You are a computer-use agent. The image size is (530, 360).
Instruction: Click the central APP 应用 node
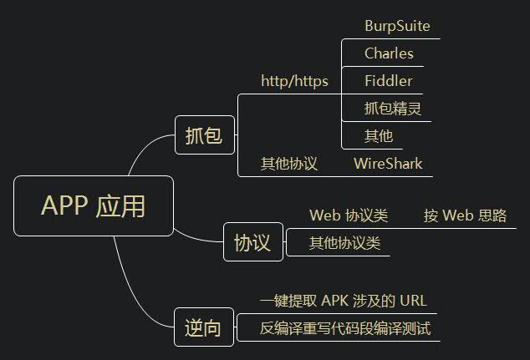tap(93, 205)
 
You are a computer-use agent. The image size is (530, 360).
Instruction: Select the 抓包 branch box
tap(204, 135)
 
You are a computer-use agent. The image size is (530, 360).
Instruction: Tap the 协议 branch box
tap(252, 243)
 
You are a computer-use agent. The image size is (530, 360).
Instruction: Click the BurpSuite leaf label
tap(397, 26)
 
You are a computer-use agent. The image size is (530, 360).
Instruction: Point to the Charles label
tap(389, 53)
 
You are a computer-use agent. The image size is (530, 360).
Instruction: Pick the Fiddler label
tap(388, 81)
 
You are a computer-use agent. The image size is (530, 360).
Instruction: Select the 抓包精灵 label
tap(392, 108)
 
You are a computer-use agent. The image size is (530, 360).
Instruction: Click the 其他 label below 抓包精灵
tap(378, 135)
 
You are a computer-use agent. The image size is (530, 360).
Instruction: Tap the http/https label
tap(294, 81)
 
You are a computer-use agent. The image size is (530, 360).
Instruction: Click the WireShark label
tap(388, 163)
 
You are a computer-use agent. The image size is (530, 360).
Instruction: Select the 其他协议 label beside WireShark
tap(289, 164)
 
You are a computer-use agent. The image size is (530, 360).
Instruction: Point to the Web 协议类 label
tap(349, 215)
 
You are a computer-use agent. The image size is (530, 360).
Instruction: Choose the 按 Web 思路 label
tap(465, 215)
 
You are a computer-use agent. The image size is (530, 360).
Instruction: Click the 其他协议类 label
tap(344, 243)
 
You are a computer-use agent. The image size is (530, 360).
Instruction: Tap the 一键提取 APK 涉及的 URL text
tap(344, 301)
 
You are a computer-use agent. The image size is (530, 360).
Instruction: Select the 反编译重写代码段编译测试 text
tap(345, 328)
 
